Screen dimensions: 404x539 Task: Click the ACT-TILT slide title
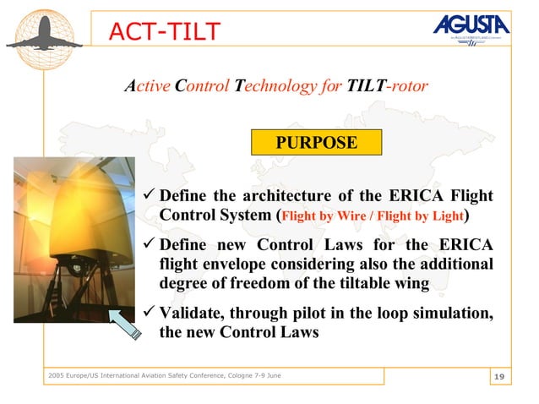coord(163,31)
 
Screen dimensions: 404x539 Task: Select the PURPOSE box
coord(317,142)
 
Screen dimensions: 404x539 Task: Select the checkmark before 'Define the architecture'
coord(148,196)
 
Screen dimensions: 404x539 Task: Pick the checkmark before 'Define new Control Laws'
coord(148,245)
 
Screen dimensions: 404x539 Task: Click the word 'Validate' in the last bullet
coord(190,314)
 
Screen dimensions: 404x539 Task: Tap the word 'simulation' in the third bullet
coord(454,314)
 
